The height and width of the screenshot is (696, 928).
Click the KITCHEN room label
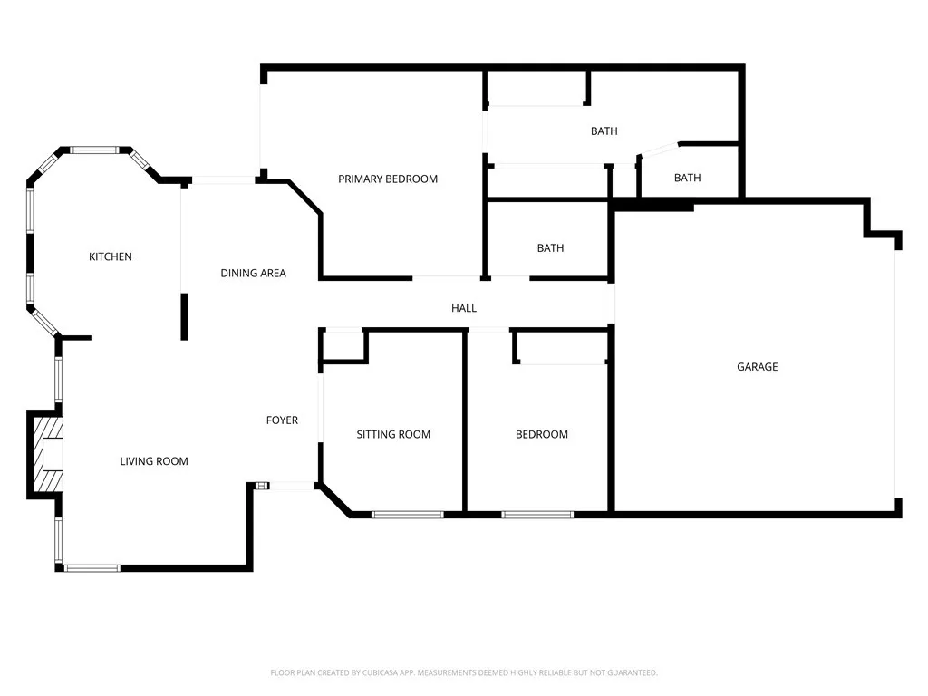[x=111, y=257]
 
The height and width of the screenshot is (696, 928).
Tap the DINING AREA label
[x=254, y=274]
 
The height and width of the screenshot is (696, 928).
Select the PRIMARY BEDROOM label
[x=388, y=179]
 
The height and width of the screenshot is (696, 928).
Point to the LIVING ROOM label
[x=154, y=462]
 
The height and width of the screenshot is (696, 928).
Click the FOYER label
[x=282, y=420]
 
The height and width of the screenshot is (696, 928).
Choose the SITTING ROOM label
[x=393, y=435]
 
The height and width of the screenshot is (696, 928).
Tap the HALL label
[x=464, y=309]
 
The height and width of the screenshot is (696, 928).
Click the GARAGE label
[x=757, y=367]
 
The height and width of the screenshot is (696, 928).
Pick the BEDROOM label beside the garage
[x=542, y=435]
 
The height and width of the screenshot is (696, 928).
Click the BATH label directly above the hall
[x=550, y=248]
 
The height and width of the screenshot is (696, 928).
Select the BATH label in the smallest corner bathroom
[x=688, y=179]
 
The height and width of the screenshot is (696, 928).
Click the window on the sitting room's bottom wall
[x=408, y=515]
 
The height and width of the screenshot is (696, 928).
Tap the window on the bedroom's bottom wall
[x=537, y=515]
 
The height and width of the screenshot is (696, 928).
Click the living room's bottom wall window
[x=92, y=568]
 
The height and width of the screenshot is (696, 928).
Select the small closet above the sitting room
[x=343, y=345]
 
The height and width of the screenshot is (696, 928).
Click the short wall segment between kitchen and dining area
[x=185, y=316]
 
